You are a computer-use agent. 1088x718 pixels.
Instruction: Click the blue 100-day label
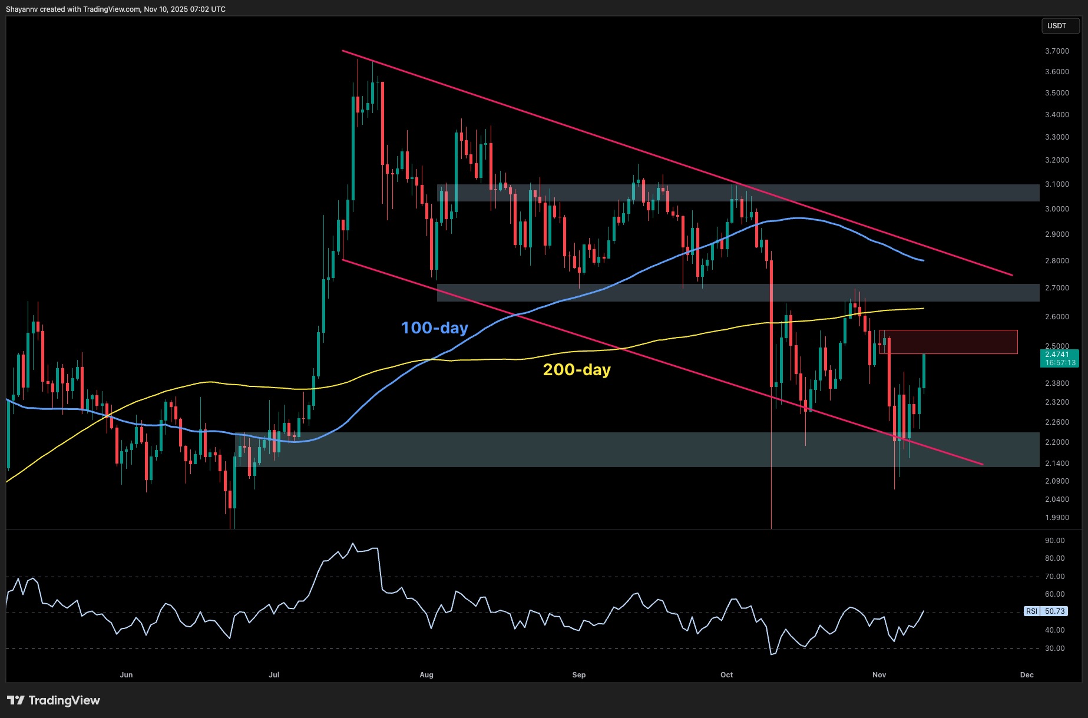tap(434, 327)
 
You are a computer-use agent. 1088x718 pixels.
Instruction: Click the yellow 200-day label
tap(576, 370)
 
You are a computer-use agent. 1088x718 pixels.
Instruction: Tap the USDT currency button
tap(1057, 26)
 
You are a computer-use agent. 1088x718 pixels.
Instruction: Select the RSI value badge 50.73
tap(1054, 611)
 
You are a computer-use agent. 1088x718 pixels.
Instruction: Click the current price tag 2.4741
tap(1057, 354)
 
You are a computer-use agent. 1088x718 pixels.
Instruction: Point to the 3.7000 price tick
tap(1057, 51)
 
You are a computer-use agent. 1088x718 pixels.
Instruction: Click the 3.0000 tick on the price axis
tap(1057, 209)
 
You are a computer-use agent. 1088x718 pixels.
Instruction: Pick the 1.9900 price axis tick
tap(1057, 518)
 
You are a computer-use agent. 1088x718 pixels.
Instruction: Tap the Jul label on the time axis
tap(274, 675)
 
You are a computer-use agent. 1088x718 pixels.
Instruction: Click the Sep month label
tap(579, 675)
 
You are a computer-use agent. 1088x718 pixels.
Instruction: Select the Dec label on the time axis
tap(1027, 675)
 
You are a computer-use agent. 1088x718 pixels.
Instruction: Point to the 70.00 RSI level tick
tap(1054, 577)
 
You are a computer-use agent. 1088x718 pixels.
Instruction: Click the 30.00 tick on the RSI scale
tap(1054, 648)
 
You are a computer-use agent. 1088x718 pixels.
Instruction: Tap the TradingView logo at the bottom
tap(54, 700)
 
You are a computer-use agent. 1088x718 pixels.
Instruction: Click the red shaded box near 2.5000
tap(948, 342)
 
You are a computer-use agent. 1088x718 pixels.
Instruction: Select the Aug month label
tap(426, 675)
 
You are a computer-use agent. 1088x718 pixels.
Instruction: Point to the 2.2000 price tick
tap(1057, 442)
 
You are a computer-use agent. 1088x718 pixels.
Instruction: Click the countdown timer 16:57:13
tap(1060, 363)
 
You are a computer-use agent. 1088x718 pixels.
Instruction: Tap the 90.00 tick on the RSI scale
tap(1054, 541)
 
